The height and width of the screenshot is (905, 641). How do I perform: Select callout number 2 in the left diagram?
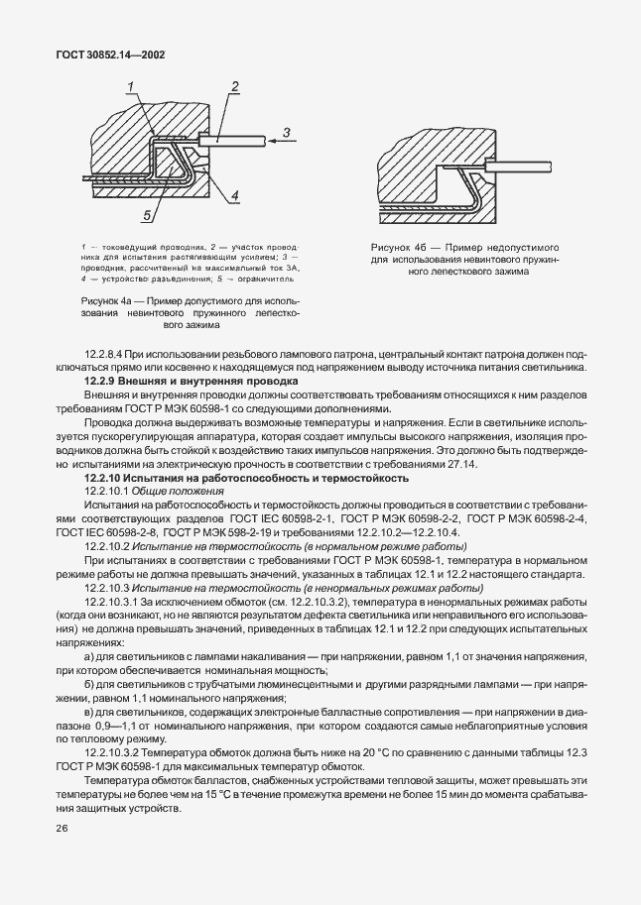pos(237,87)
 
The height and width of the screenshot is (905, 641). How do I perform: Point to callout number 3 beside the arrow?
pos(285,132)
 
